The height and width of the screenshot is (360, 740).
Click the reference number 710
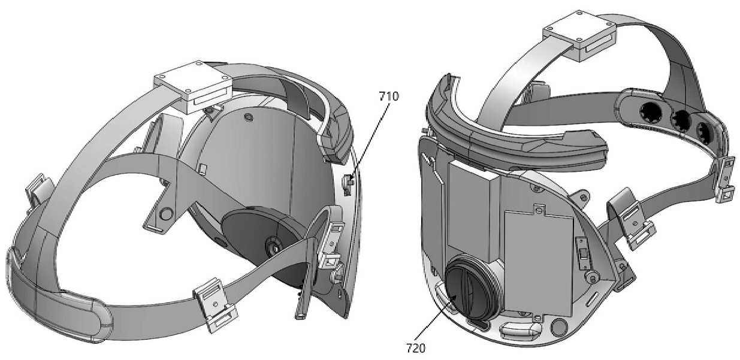coord(389,96)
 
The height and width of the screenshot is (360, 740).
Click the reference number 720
coord(416,348)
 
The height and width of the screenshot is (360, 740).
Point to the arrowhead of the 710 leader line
coord(351,181)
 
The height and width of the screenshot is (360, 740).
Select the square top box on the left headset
coord(193,87)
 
